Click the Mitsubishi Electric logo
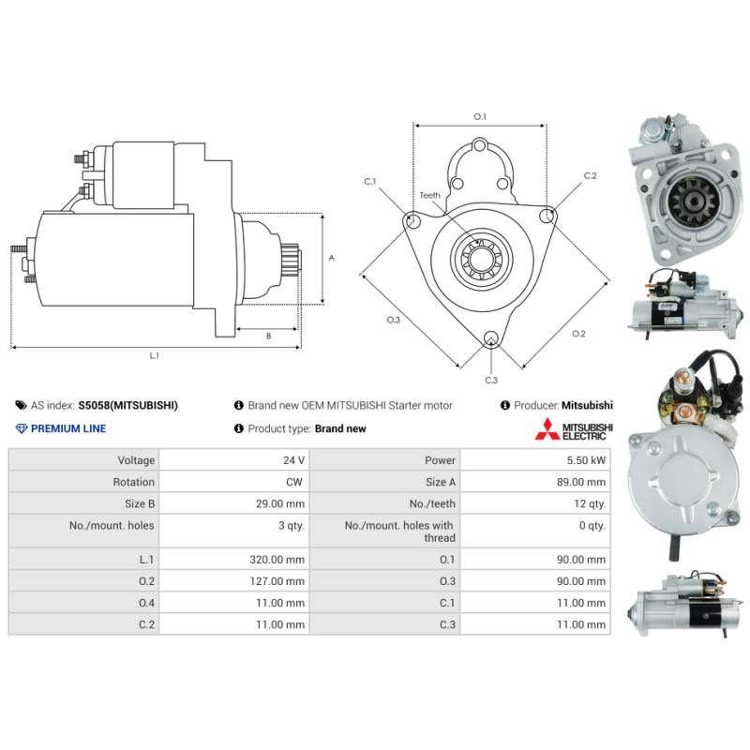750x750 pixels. point(573,430)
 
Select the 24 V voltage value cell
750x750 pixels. point(292,460)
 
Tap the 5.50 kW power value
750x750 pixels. point(587,460)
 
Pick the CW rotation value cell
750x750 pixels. point(293,482)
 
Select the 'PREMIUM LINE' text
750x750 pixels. point(68,428)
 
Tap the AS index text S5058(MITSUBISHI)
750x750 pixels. point(127,405)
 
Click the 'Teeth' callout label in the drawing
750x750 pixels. point(429,196)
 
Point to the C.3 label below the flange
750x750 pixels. point(491,380)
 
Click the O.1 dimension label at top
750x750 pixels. point(480,116)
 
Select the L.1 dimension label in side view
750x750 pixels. point(155,355)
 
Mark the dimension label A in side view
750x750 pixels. point(332,258)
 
